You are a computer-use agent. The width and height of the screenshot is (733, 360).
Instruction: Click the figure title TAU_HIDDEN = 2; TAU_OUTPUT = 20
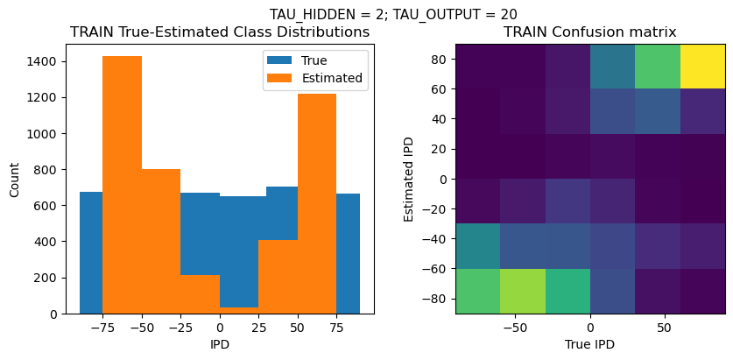point(392,14)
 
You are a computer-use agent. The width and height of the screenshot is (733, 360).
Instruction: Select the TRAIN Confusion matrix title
point(589,32)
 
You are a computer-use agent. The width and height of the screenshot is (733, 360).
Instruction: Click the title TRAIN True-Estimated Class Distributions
point(220,32)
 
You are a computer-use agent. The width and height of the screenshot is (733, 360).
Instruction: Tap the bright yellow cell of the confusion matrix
point(702,66)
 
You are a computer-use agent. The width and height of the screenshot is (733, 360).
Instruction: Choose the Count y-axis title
point(15,179)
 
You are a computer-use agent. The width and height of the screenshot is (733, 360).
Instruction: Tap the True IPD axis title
point(589,344)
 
